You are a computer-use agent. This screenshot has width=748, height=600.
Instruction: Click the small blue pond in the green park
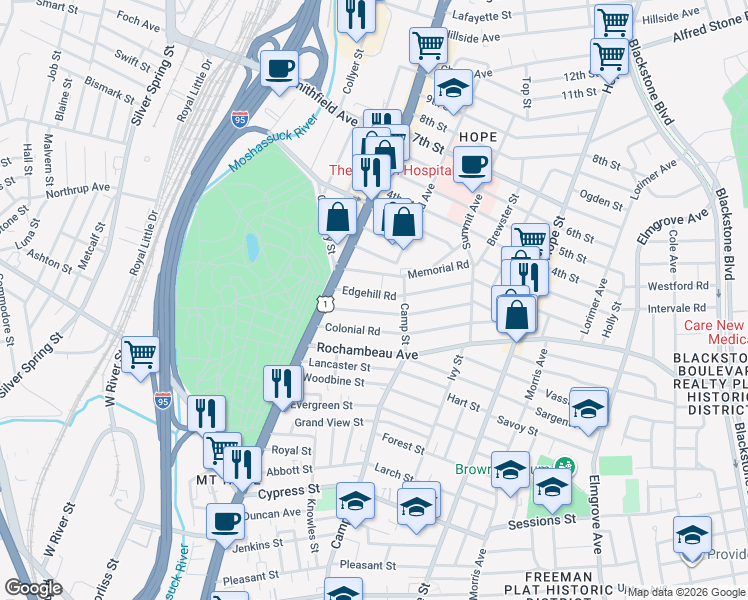pos(252,245)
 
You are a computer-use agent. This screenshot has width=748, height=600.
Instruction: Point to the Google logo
pos(33,588)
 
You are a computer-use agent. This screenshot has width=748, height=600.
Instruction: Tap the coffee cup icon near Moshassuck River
pos(279,68)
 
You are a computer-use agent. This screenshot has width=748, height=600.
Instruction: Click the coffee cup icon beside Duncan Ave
pos(225,521)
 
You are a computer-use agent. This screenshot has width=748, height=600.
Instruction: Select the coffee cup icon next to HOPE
pos(472,164)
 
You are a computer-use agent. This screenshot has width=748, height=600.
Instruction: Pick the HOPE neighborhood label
pos(478,137)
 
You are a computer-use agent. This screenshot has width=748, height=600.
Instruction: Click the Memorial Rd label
pos(437,269)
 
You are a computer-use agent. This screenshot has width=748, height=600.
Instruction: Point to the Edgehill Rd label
pos(369,295)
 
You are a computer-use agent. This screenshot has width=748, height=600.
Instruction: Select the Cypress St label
pos(288,493)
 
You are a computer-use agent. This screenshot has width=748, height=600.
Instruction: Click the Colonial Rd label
pos(352,330)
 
